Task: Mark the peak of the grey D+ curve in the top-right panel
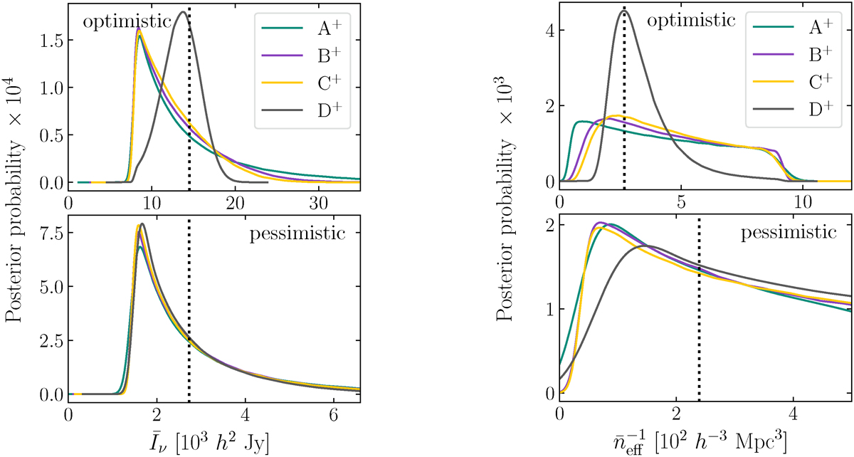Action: (x=623, y=9)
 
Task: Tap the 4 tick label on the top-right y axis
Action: (x=546, y=30)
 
